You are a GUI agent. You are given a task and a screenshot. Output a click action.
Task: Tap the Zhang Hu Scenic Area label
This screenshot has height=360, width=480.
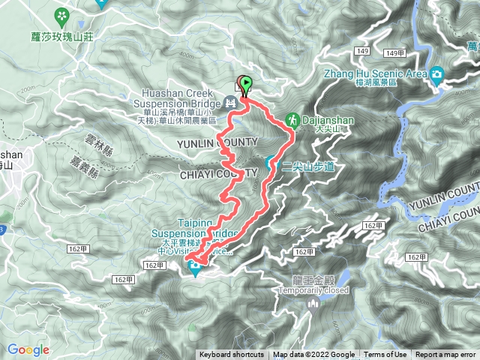(375, 73)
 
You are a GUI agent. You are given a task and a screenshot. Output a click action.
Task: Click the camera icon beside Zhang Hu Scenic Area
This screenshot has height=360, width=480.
(437, 73)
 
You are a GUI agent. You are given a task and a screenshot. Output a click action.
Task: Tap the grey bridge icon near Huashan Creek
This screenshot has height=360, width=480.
(231, 101)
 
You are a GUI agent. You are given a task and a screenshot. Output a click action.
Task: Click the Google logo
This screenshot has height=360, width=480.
(28, 349)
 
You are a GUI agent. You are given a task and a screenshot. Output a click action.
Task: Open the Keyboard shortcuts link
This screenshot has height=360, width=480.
(231, 355)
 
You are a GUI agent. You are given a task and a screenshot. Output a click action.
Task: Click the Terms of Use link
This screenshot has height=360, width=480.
(385, 355)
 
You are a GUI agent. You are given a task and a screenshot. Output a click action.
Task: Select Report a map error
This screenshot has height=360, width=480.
(445, 355)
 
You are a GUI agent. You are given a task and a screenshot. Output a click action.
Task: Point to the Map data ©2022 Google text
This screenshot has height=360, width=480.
(313, 355)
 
